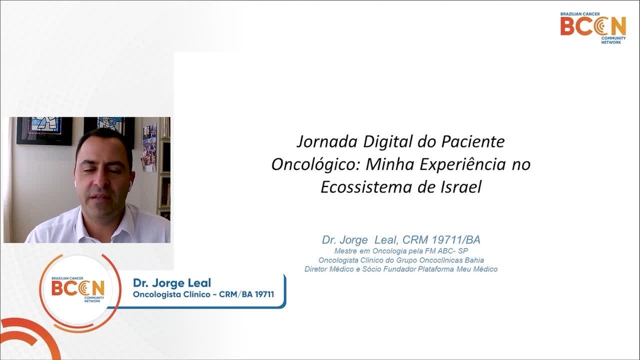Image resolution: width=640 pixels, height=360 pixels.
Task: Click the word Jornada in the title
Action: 324,142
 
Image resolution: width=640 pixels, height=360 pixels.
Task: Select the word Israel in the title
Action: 461,187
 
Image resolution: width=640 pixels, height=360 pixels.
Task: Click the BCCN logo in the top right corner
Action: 593,27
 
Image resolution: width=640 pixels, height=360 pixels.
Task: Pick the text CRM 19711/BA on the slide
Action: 442,240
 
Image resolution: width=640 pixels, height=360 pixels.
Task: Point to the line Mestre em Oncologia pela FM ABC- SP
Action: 401,251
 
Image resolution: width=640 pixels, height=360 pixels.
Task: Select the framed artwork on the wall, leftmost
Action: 44,130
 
